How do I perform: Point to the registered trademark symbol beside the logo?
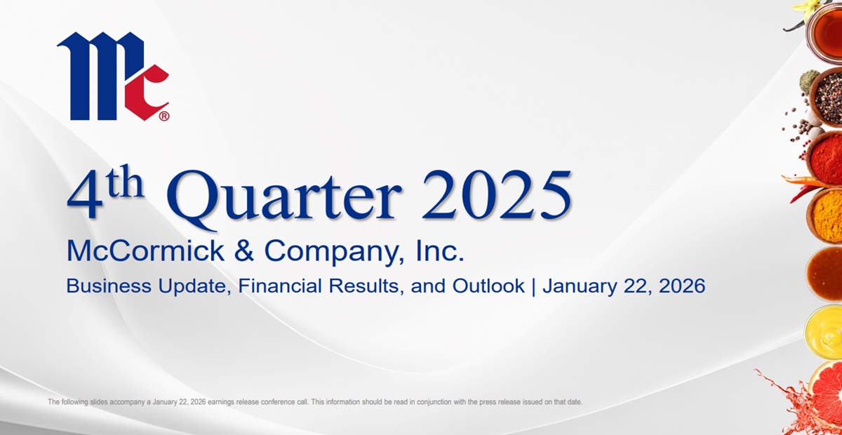pyautogui.click(x=164, y=116)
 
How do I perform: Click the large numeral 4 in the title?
pyautogui.click(x=85, y=194)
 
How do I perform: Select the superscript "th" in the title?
pyautogui.click(x=124, y=182)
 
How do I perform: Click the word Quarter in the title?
pyautogui.click(x=283, y=198)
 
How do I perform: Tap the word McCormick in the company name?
pyautogui.click(x=145, y=250)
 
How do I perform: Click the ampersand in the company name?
pyautogui.click(x=244, y=250)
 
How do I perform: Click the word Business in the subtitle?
pyautogui.click(x=109, y=286)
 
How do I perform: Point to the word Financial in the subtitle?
pyautogui.click(x=280, y=286)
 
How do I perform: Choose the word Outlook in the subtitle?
pyautogui.click(x=488, y=286)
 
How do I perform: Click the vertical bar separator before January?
pyautogui.click(x=533, y=286)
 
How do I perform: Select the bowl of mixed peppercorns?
pyautogui.click(x=827, y=97)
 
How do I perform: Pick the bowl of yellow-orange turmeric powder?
pyautogui.click(x=825, y=217)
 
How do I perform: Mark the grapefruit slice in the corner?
pyautogui.click(x=827, y=393)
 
